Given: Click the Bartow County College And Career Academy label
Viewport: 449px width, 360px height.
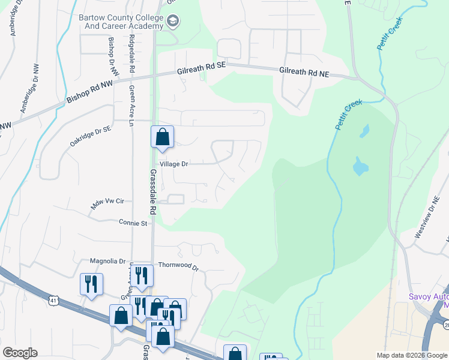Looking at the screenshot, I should tap(121, 22).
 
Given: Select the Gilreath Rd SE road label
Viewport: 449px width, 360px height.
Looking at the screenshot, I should tap(200, 70).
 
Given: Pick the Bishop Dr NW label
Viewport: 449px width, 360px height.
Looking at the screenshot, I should tap(112, 55).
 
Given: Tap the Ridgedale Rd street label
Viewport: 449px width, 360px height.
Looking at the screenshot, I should tap(131, 55).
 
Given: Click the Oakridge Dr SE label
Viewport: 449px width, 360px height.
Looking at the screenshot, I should tap(90, 136).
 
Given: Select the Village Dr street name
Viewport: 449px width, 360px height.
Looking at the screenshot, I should tap(174, 164).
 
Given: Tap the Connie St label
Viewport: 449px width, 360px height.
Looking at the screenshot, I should tap(133, 223).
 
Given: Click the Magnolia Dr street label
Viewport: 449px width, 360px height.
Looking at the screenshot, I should tap(107, 261).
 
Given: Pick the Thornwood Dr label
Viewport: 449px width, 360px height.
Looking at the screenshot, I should tap(178, 265).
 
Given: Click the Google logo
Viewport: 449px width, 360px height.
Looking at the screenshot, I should tap(20, 353).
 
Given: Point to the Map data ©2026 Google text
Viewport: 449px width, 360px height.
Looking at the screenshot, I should tap(412, 355).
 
